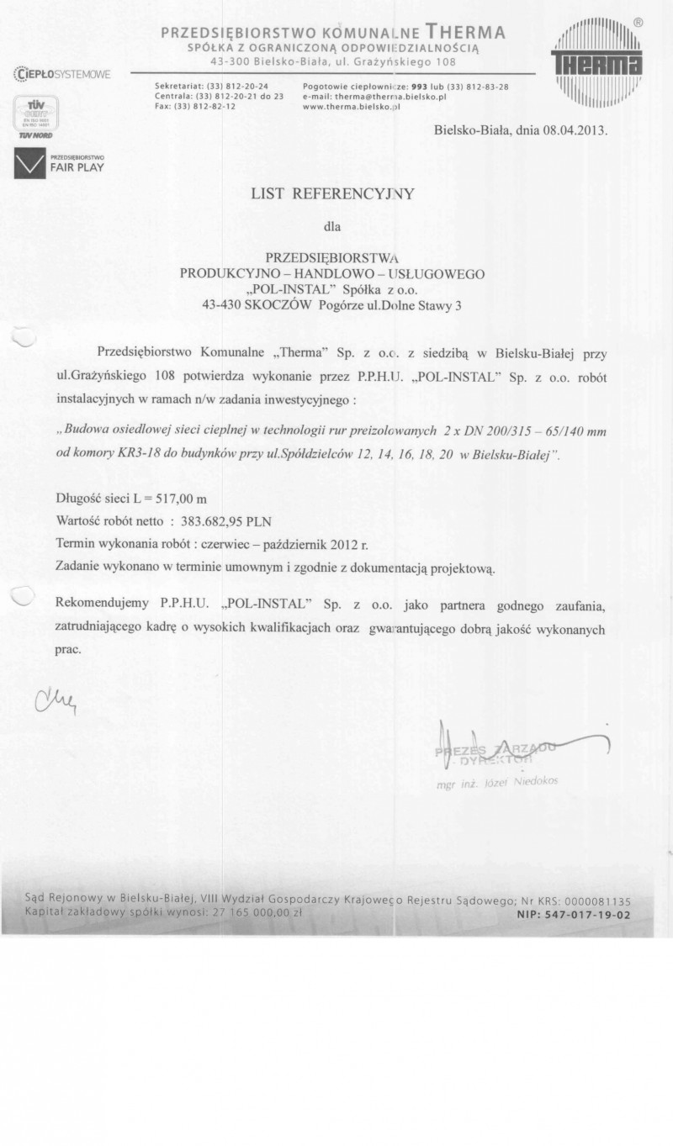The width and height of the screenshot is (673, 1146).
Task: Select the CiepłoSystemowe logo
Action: (61, 75)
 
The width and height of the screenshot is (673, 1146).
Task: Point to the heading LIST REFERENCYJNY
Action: (333, 193)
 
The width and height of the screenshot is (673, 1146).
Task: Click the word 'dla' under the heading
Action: (333, 225)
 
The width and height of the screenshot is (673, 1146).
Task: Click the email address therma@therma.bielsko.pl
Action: (384, 97)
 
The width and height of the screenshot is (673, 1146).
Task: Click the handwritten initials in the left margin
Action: (56, 698)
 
